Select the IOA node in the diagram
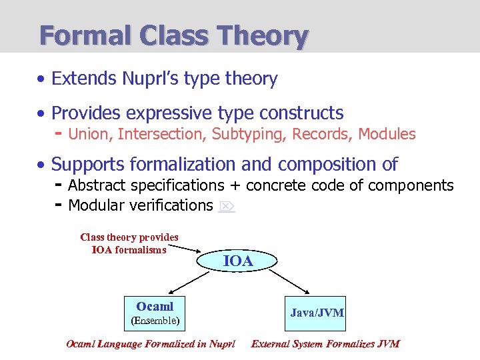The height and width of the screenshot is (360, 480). point(238,261)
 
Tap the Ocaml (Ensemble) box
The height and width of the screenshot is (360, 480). point(155,312)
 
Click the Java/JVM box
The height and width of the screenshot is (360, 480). point(317,312)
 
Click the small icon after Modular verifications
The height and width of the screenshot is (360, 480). point(226,206)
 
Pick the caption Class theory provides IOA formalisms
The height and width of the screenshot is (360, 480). point(129,243)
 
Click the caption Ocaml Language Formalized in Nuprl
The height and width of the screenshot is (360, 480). point(151,344)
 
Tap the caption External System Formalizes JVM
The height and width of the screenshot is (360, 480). point(325,344)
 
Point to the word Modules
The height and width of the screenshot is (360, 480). point(387,134)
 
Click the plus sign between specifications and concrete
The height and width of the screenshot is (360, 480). point(235,185)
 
